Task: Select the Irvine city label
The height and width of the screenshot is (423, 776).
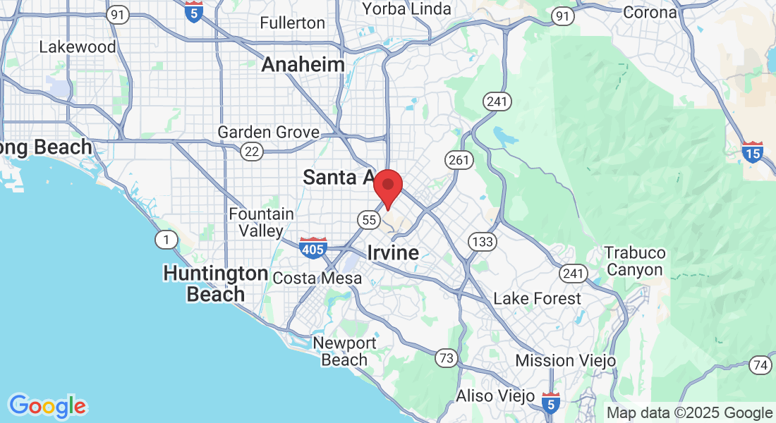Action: point(392,252)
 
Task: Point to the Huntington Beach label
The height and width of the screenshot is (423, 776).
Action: point(215,283)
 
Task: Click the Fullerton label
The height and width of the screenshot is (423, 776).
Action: point(292,23)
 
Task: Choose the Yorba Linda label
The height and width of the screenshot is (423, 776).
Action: point(406,9)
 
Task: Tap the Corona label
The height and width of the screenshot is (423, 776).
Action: point(649,12)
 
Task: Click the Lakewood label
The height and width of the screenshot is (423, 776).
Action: point(77,47)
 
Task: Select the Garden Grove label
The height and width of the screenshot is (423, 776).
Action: point(268,133)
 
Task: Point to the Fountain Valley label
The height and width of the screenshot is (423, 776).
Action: point(261,222)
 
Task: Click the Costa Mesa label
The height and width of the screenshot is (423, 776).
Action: point(317,278)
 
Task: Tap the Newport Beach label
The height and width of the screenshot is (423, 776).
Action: point(344,351)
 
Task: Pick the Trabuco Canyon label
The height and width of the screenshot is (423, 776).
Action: point(635,261)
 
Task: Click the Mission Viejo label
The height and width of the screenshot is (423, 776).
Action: point(565,360)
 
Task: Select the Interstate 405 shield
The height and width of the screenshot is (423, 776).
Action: point(313,247)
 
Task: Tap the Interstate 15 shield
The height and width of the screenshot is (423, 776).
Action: point(753,151)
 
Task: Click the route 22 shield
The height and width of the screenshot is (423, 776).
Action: point(251,151)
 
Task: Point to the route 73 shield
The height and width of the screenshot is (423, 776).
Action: point(446,357)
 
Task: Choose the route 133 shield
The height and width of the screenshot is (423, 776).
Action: point(483,243)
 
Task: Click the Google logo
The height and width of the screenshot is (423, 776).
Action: point(47,406)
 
